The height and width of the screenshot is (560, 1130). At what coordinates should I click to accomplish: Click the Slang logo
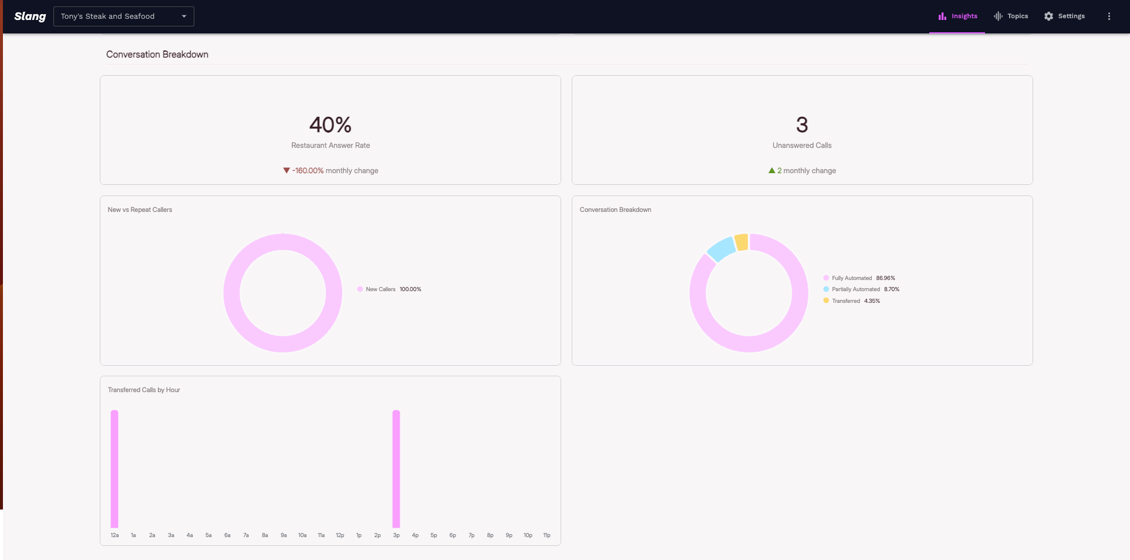point(30,16)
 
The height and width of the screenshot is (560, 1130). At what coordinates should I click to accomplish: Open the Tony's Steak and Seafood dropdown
point(123,16)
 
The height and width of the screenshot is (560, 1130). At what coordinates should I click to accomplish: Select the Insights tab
point(957,16)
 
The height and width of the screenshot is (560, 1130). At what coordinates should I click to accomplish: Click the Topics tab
point(1011,16)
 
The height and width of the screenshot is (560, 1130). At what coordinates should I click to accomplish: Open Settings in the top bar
point(1064,16)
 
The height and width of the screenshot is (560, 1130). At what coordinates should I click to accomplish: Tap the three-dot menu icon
point(1109,16)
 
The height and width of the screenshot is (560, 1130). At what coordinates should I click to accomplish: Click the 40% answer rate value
point(330,125)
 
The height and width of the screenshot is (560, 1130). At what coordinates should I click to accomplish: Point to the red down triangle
point(286,171)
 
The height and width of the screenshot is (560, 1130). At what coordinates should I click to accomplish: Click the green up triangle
point(771,171)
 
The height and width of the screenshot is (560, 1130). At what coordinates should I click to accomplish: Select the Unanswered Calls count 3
point(802,125)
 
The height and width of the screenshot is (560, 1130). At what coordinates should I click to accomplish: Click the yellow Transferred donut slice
point(741,242)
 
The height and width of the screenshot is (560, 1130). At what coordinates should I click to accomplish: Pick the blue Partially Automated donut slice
point(721,249)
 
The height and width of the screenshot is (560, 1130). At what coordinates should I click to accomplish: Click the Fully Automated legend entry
point(851,278)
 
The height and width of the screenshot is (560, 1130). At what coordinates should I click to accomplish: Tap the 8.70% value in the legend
point(892,289)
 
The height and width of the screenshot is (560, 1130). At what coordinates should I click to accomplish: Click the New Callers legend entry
point(380,289)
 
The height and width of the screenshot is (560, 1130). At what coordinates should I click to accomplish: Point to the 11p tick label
point(547,535)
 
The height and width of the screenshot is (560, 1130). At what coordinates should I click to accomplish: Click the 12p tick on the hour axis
point(340,535)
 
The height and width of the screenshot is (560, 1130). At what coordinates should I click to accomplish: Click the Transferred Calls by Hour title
point(144,390)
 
